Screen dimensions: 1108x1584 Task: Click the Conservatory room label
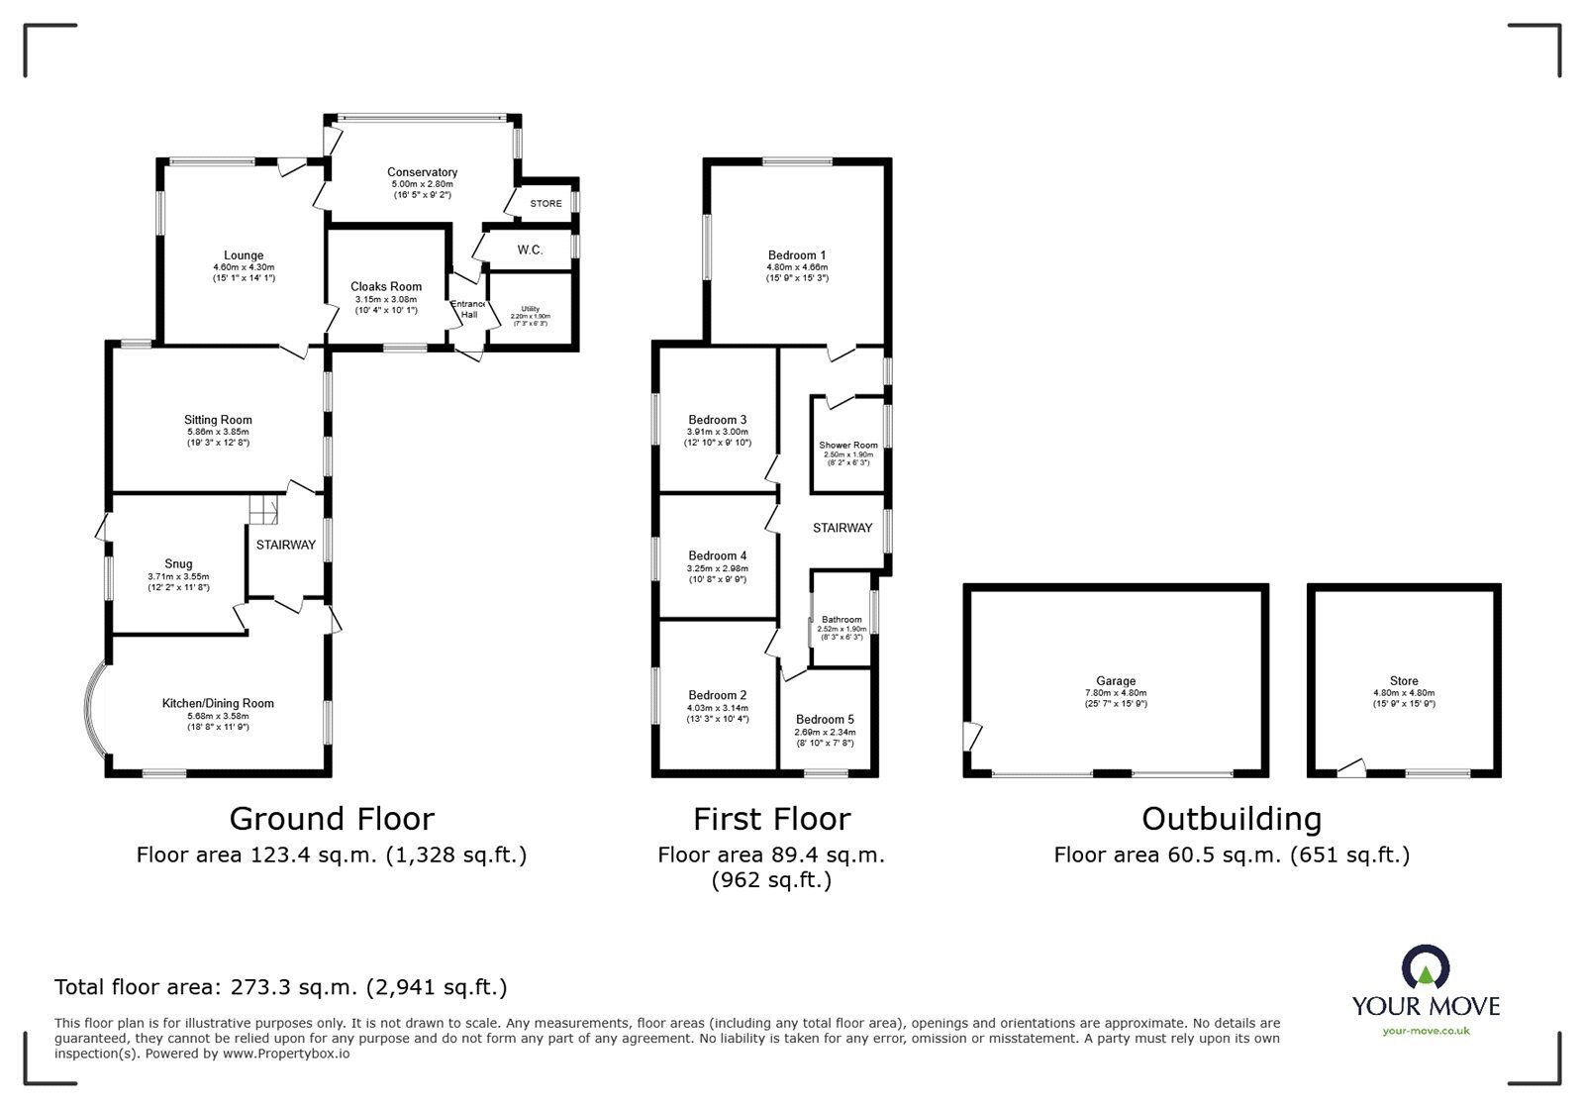(x=422, y=172)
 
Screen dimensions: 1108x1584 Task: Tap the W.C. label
(x=530, y=251)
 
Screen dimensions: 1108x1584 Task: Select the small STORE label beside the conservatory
(x=545, y=204)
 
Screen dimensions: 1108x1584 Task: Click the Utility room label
(x=531, y=309)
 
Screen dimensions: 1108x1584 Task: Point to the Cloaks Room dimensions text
(x=386, y=305)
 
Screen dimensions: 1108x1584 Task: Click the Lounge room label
(x=244, y=256)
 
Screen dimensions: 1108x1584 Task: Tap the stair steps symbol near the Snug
(x=262, y=511)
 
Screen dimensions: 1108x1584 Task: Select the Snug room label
(x=179, y=564)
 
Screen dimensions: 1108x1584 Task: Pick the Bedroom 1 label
(x=797, y=255)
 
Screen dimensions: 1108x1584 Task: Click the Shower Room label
(x=848, y=446)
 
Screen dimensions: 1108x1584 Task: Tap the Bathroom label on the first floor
(x=841, y=620)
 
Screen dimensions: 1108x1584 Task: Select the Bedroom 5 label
(x=824, y=720)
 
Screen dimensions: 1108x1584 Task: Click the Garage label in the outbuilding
(x=1116, y=681)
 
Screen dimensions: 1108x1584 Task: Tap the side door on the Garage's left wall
(x=973, y=736)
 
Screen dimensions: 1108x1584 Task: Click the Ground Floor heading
(x=332, y=819)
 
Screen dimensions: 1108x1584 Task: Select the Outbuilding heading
(x=1231, y=819)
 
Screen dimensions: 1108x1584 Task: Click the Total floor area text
(x=281, y=987)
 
